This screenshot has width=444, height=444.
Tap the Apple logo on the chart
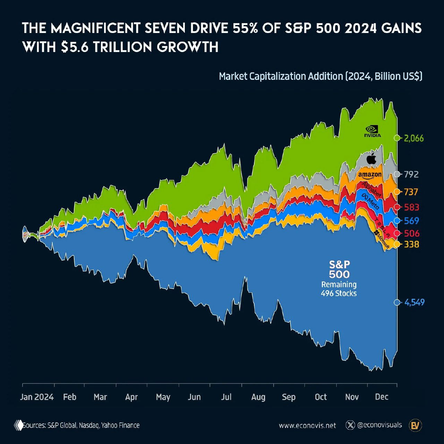(x=372, y=158)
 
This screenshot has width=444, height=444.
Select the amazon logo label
(x=370, y=175)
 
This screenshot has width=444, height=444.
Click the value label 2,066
(x=414, y=138)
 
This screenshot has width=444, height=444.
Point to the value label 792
(x=411, y=174)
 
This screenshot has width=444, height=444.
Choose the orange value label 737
(x=411, y=192)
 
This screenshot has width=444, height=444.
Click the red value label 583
(x=411, y=207)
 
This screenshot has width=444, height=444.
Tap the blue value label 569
(x=411, y=221)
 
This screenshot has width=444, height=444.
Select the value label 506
(x=411, y=233)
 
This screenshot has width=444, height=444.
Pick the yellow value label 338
(x=411, y=245)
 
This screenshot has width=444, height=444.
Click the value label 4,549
(x=414, y=302)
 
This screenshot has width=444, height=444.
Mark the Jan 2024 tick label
(x=37, y=397)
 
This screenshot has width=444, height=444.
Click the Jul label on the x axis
(x=226, y=397)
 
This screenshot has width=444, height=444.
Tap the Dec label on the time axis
(x=382, y=397)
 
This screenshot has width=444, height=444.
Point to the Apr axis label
(x=131, y=397)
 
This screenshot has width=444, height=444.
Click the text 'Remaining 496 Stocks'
(x=339, y=289)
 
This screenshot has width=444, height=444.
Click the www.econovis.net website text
(x=307, y=425)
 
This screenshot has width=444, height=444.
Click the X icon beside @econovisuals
(x=351, y=425)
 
